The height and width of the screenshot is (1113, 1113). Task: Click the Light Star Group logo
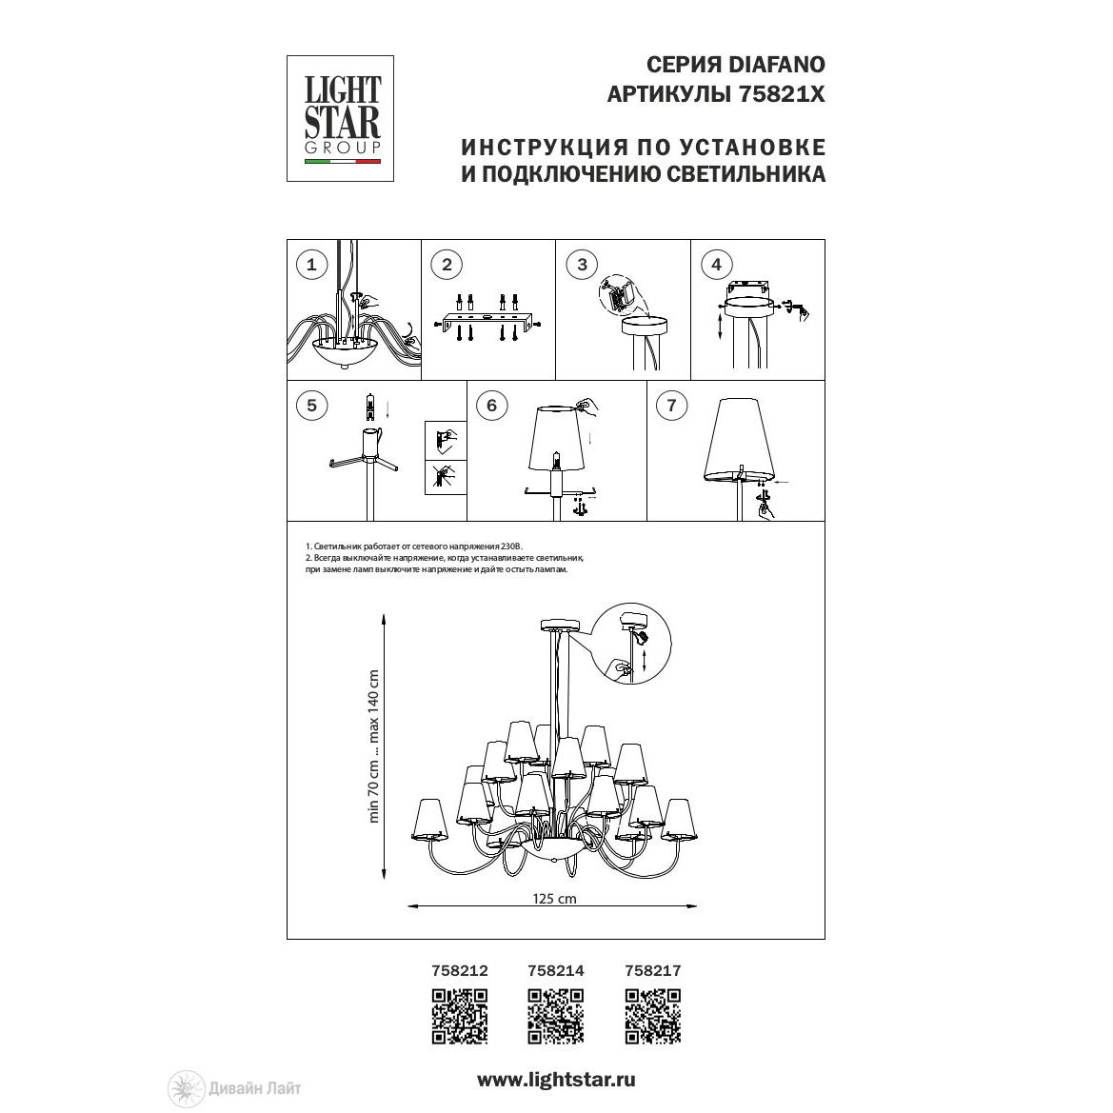[340, 119]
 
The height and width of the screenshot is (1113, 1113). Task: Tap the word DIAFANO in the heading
[777, 65]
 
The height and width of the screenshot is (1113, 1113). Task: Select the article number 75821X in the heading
[783, 94]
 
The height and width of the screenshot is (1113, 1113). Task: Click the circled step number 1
[311, 266]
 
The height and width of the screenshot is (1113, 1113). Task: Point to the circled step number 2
[447, 266]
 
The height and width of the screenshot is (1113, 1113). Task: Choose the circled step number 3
[582, 266]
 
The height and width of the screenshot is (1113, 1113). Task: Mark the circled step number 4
[716, 266]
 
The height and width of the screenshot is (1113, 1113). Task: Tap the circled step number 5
[311, 406]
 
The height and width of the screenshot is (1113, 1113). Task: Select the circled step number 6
[491, 406]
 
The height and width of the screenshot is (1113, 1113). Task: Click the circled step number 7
[671, 406]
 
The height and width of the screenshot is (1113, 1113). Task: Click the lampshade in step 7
[739, 439]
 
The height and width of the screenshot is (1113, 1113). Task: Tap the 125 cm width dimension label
[554, 899]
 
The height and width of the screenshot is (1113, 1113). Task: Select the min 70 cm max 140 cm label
[373, 746]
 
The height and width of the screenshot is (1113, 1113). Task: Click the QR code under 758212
[459, 1017]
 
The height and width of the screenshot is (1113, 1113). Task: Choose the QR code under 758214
[556, 1017]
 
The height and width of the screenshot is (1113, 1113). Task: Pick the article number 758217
[652, 970]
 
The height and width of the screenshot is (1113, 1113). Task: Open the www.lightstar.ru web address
[556, 1081]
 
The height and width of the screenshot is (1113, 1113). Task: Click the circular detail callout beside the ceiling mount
[630, 645]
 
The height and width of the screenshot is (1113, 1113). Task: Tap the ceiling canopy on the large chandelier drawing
[560, 626]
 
